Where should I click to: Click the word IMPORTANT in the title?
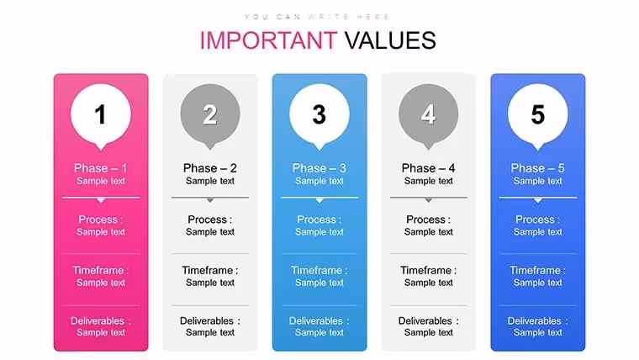[x=268, y=40]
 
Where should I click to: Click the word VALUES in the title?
[x=390, y=40]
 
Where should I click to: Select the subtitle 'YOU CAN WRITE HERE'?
[x=317, y=17]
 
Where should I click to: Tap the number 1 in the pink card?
[x=100, y=114]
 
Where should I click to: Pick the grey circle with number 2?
[x=210, y=114]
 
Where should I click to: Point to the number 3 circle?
[x=319, y=114]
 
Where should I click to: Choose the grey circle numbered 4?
[x=428, y=114]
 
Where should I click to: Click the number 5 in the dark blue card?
[x=537, y=114]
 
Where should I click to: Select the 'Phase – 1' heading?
[x=101, y=168]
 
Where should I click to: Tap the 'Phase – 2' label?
[x=210, y=168]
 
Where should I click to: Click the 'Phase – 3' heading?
[x=319, y=168]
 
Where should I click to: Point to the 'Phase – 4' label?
[x=428, y=168]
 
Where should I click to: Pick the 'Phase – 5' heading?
[x=537, y=168]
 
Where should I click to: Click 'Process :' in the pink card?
[x=101, y=220]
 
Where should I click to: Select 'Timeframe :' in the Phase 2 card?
[x=210, y=270]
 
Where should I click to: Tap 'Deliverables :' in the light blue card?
[x=319, y=320]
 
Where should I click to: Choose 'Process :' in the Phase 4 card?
[x=428, y=220]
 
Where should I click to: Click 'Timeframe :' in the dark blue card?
[x=537, y=270]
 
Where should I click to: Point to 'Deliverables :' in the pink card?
[x=101, y=320]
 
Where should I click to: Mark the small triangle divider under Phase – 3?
[x=319, y=200]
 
